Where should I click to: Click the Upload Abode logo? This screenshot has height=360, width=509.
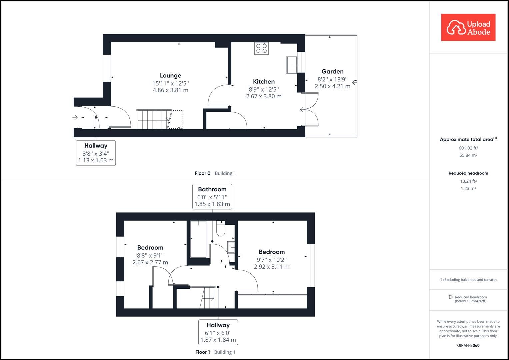468,27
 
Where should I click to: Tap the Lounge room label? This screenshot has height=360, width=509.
170,76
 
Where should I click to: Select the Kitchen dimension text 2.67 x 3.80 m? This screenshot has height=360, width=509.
264,96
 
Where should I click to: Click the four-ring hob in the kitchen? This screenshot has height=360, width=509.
261,48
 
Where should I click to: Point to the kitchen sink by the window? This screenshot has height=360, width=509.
292,65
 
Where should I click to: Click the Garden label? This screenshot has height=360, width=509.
332,71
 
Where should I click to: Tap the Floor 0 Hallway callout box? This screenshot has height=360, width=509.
96,153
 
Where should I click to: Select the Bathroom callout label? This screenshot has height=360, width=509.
212,189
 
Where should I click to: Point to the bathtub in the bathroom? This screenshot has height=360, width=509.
198,239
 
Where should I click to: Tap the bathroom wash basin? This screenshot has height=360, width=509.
231,247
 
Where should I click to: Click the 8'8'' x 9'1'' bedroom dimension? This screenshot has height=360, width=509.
150,255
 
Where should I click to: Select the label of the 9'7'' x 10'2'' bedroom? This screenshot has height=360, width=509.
272,252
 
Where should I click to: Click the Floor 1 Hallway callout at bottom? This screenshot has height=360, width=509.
218,332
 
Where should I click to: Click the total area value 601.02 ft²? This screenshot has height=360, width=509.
468,148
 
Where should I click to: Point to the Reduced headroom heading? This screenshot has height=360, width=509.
468,173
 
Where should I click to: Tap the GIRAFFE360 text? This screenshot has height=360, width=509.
468,345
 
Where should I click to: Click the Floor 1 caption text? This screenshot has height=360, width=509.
203,352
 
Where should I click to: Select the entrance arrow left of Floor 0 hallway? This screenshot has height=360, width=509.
75,117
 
